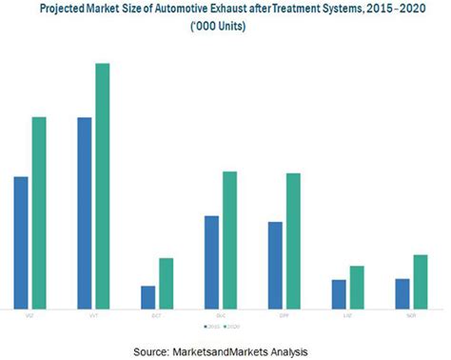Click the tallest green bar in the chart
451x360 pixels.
(x=102, y=186)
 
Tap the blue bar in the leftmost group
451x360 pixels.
(x=21, y=242)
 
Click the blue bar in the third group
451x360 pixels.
(x=147, y=296)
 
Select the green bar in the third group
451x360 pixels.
(x=166, y=283)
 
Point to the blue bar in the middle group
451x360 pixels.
(x=211, y=262)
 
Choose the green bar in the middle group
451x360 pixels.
(x=229, y=240)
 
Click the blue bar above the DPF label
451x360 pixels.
(x=275, y=265)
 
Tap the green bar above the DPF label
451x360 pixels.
(x=293, y=241)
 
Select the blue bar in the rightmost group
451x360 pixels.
(x=402, y=293)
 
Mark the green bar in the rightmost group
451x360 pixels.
(x=420, y=281)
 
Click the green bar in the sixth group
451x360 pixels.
(x=357, y=287)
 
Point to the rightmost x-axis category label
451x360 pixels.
(x=410, y=313)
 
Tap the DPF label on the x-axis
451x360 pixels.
(x=284, y=313)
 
